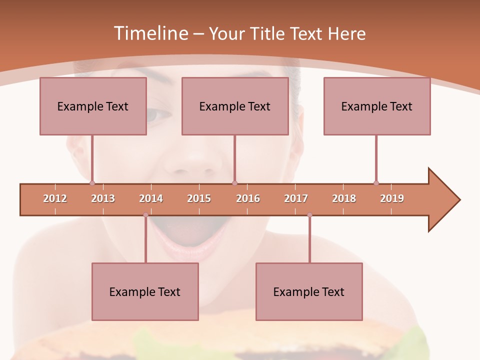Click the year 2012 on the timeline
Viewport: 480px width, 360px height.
tap(55, 198)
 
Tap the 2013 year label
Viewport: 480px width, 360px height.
tap(103, 198)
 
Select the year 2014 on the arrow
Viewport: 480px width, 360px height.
tap(151, 198)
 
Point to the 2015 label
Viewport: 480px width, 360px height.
tap(199, 198)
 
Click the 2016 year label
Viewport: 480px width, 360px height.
tap(248, 198)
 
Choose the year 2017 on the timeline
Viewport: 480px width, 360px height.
tap(296, 198)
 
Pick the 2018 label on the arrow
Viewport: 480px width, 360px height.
tap(344, 198)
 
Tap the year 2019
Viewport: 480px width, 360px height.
tap(392, 198)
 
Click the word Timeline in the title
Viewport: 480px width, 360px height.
tap(150, 33)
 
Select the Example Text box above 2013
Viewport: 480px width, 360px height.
tap(93, 106)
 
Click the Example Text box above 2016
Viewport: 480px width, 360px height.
tap(235, 106)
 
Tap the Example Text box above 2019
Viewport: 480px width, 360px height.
tap(377, 106)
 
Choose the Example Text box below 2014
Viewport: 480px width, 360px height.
tap(145, 291)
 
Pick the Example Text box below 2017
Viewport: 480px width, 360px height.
tap(309, 291)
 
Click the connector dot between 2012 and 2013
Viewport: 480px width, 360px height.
tap(92, 183)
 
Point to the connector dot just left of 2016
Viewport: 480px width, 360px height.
tap(234, 183)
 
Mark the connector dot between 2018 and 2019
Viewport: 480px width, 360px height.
tap(376, 183)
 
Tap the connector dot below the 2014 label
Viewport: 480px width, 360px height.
tap(145, 215)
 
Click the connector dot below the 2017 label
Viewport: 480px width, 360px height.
tap(309, 215)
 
